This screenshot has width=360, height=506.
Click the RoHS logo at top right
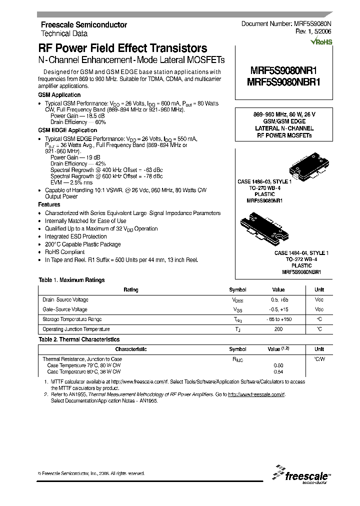tap(321, 42)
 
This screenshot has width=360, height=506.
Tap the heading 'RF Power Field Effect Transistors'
tap(122, 48)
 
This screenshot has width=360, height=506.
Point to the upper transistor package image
tap(302, 168)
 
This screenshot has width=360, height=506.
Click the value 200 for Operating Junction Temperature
tap(278, 329)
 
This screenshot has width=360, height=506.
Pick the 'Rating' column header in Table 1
tap(130, 290)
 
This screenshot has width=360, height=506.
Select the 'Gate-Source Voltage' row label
tap(65, 309)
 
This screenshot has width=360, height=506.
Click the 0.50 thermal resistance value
tap(278, 365)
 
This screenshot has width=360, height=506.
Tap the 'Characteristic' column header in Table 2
tap(130, 349)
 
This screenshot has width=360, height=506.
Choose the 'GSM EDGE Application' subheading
tap(67, 130)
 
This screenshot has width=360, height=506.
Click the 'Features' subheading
tap(49, 204)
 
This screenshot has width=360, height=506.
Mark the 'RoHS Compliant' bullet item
tap(64, 252)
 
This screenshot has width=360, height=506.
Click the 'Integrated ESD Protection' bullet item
tap(75, 236)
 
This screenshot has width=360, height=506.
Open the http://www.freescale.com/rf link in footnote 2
tap(256, 394)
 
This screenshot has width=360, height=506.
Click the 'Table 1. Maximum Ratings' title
tap(71, 280)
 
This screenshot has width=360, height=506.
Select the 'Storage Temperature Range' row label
tap(72, 319)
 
